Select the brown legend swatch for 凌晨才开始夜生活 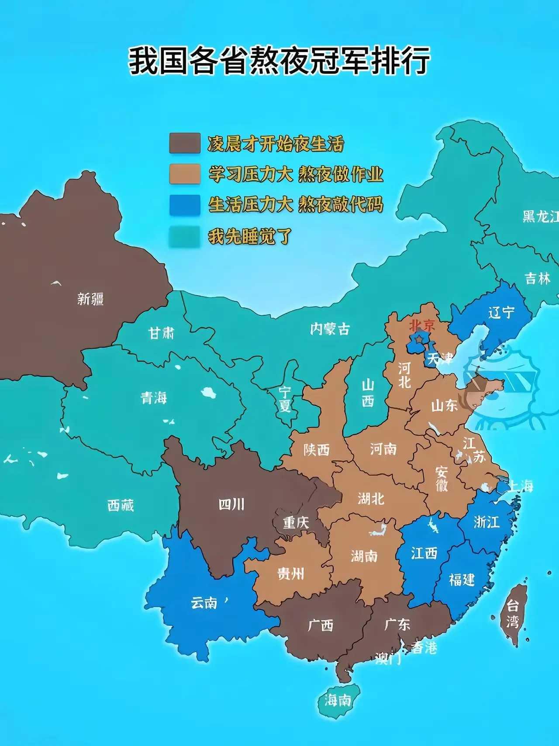click(185, 143)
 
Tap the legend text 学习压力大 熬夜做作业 click(296, 174)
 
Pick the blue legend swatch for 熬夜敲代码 click(185, 205)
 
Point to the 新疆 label click(90, 299)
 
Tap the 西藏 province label click(121, 505)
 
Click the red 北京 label click(422, 325)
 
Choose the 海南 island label click(338, 701)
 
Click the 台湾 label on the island click(513, 614)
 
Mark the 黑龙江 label click(541, 216)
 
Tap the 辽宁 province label click(501, 312)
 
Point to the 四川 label click(231, 504)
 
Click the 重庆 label click(296, 522)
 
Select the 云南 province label click(204, 603)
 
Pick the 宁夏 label click(285, 399)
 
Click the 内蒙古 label click(330, 329)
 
